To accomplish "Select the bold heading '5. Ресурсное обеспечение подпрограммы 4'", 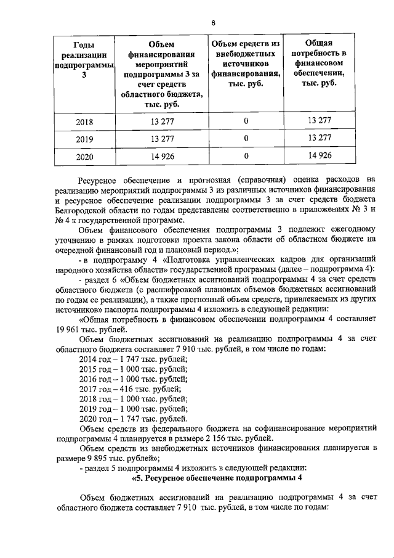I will [218, 478].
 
